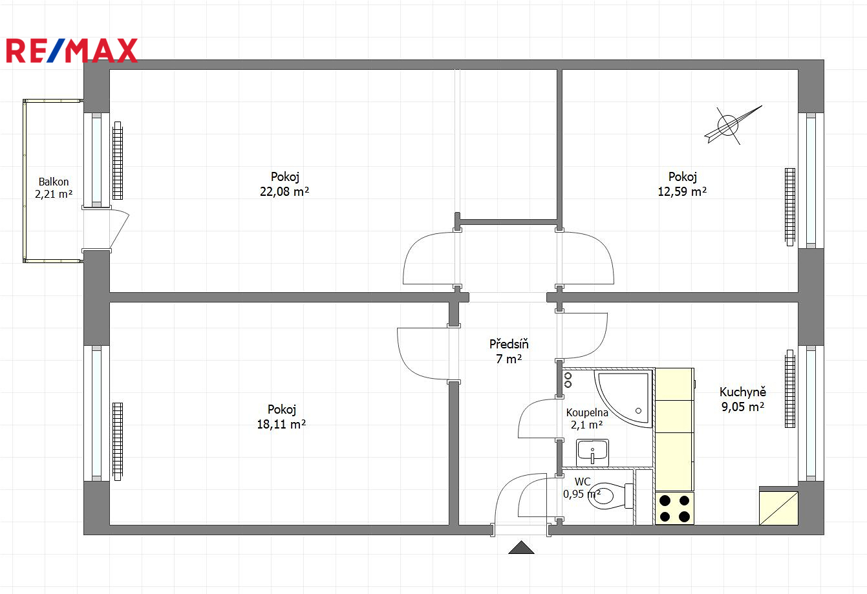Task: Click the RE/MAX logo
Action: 72,50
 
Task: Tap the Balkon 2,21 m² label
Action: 54,188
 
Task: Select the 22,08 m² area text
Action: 284,191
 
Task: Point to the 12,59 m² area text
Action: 682,191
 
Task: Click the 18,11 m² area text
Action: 281,425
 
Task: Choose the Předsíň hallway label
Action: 509,344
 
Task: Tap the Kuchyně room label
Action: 743,392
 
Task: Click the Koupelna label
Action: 587,412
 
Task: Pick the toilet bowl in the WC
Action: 610,496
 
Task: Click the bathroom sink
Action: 592,452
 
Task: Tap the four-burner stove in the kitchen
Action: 674,509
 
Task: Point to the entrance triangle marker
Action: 521,547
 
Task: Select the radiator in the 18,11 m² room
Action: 118,441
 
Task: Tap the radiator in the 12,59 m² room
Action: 790,207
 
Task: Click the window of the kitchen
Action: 811,413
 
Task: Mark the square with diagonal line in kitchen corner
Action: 778,508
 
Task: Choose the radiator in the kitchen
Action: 790,389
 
